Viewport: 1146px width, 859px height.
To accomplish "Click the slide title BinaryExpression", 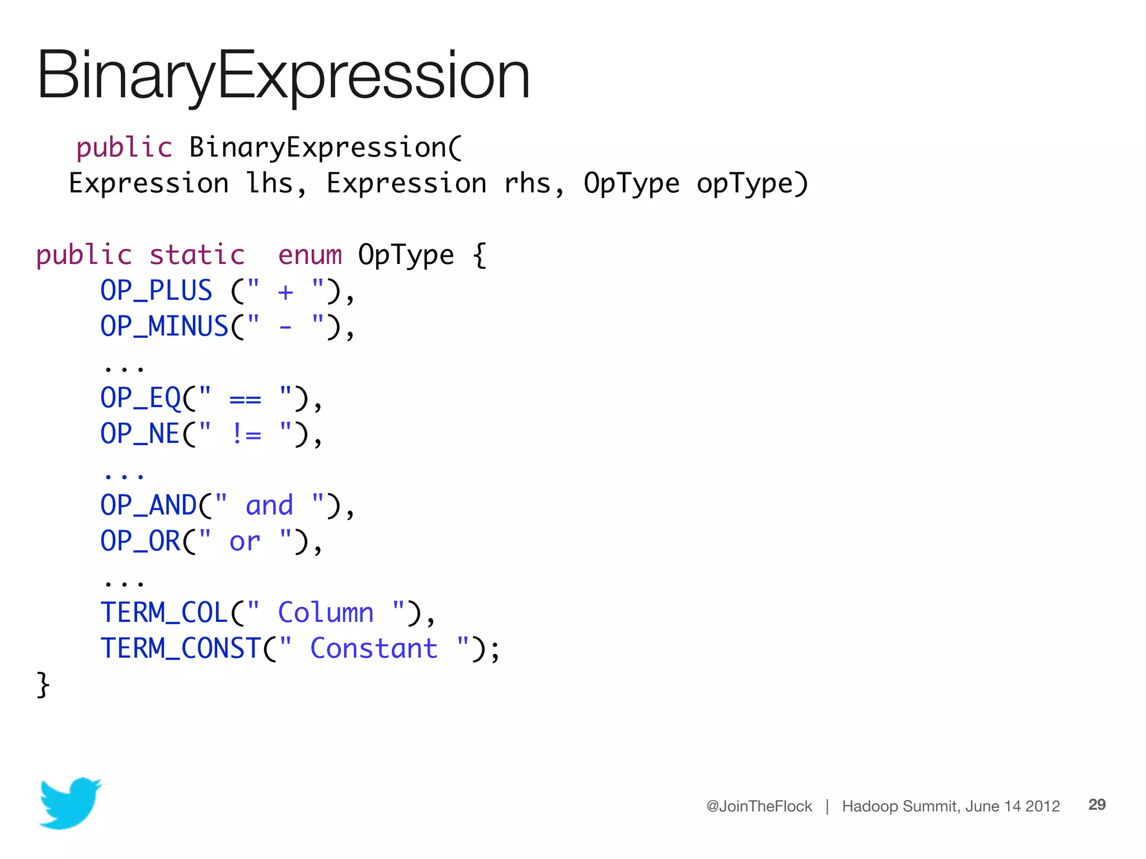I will tap(283, 75).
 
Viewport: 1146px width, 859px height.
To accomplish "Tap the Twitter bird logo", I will tap(70, 803).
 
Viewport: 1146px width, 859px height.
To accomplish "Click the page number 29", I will tap(1097, 805).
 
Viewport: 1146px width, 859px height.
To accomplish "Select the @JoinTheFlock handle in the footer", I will tap(759, 806).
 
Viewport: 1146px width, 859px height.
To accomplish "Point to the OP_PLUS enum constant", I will tap(156, 291).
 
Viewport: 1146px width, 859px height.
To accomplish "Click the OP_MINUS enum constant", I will tap(164, 327).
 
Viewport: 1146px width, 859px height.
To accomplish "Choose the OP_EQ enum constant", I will tap(140, 398).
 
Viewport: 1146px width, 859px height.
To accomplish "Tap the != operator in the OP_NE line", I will tap(246, 434).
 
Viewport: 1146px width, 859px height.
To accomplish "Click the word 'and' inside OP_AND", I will tap(269, 506).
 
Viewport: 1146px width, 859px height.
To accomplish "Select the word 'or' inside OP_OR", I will tap(245, 542).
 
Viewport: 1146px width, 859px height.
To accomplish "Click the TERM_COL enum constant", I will tap(164, 613).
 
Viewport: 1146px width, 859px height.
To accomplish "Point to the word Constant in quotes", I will tap(374, 649).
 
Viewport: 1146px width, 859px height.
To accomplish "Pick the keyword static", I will tap(197, 255).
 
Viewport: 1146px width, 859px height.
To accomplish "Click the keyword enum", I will tap(309, 255).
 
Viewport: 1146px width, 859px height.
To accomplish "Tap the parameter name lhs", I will tap(270, 183).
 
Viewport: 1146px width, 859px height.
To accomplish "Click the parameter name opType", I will tap(745, 183).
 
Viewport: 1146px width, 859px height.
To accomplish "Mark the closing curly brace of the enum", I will tap(43, 685).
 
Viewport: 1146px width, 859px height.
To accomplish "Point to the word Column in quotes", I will tap(326, 613).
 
